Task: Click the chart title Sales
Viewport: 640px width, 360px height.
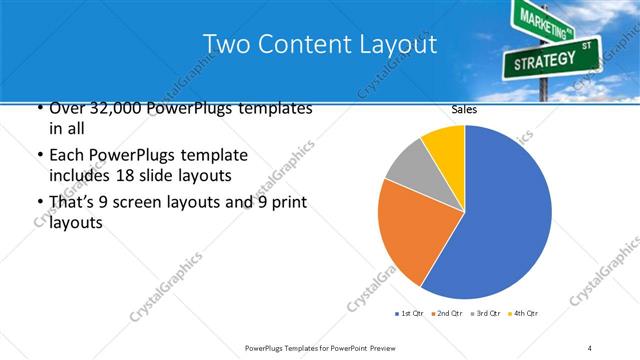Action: click(x=464, y=109)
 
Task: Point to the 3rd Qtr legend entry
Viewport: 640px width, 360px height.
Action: click(x=484, y=314)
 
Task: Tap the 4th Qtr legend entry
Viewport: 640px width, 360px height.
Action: click(x=523, y=314)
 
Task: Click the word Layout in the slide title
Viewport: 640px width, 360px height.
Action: click(x=398, y=45)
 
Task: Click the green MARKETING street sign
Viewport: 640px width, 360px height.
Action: click(x=544, y=21)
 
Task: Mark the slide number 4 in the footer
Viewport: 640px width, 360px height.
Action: click(x=591, y=347)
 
